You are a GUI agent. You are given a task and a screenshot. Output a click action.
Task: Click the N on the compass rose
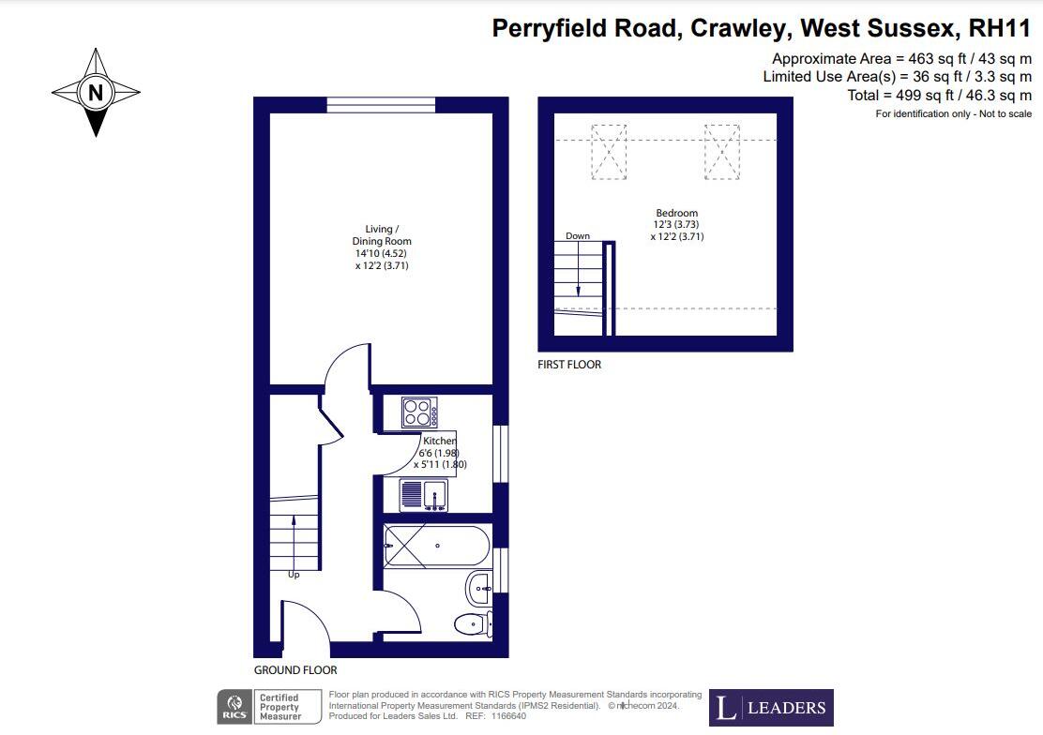[95, 93]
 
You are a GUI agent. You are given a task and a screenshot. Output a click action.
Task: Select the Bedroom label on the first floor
[676, 214]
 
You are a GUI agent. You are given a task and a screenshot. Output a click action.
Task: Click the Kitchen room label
[439, 442]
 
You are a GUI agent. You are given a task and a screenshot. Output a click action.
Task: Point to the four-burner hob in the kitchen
[419, 412]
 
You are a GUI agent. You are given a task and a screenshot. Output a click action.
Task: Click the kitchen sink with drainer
[424, 495]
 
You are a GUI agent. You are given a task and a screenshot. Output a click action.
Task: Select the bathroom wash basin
[478, 589]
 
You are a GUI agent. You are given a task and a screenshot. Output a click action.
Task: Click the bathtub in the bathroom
[435, 544]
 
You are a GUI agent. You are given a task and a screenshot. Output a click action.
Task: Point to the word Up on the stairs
[294, 575]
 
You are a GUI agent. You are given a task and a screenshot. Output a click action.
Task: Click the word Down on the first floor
[578, 236]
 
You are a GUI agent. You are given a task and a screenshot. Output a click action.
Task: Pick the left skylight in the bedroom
[607, 151]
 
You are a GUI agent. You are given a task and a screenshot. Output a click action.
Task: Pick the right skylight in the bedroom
[722, 151]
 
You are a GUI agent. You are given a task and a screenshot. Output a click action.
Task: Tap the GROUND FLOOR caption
[295, 670]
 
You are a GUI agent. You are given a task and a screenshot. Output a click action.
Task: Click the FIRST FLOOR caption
[569, 365]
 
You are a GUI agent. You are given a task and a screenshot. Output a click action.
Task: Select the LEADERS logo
[771, 708]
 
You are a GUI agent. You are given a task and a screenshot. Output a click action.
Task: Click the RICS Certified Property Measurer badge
[261, 707]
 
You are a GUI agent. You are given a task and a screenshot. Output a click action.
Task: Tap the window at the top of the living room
[381, 105]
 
